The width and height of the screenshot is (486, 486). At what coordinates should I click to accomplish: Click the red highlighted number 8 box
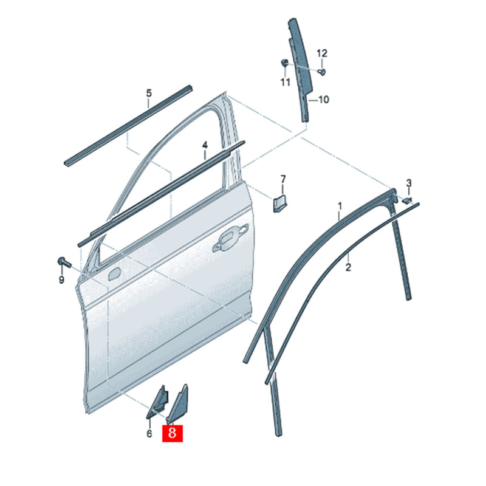pyautogui.click(x=173, y=433)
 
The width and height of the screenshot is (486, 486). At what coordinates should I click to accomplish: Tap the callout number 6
pyautogui.click(x=149, y=433)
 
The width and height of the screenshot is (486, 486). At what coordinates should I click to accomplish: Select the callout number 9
pyautogui.click(x=62, y=279)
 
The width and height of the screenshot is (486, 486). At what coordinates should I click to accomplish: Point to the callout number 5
pyautogui.click(x=149, y=93)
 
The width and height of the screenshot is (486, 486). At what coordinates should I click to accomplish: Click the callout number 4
pyautogui.click(x=205, y=145)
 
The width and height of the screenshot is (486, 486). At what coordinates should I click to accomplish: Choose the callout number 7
pyautogui.click(x=283, y=179)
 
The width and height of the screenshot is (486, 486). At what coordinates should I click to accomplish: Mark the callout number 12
pyautogui.click(x=322, y=53)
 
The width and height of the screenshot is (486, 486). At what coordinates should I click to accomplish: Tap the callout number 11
pyautogui.click(x=286, y=82)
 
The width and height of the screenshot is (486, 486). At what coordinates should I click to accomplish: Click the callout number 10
pyautogui.click(x=323, y=100)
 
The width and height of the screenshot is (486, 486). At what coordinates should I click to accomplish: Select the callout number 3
pyautogui.click(x=409, y=183)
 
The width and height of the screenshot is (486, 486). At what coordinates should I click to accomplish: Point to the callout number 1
pyautogui.click(x=340, y=207)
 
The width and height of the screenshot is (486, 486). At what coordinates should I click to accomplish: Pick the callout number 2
pyautogui.click(x=348, y=267)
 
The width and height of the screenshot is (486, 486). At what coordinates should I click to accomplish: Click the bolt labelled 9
pyautogui.click(x=64, y=262)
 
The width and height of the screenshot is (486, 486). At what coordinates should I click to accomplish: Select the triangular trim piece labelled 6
pyautogui.click(x=158, y=403)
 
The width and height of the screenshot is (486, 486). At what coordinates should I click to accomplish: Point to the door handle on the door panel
pyautogui.click(x=230, y=237)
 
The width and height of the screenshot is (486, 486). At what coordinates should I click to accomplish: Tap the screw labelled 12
pyautogui.click(x=322, y=72)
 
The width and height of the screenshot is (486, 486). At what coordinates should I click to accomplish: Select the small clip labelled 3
pyautogui.click(x=406, y=200)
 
